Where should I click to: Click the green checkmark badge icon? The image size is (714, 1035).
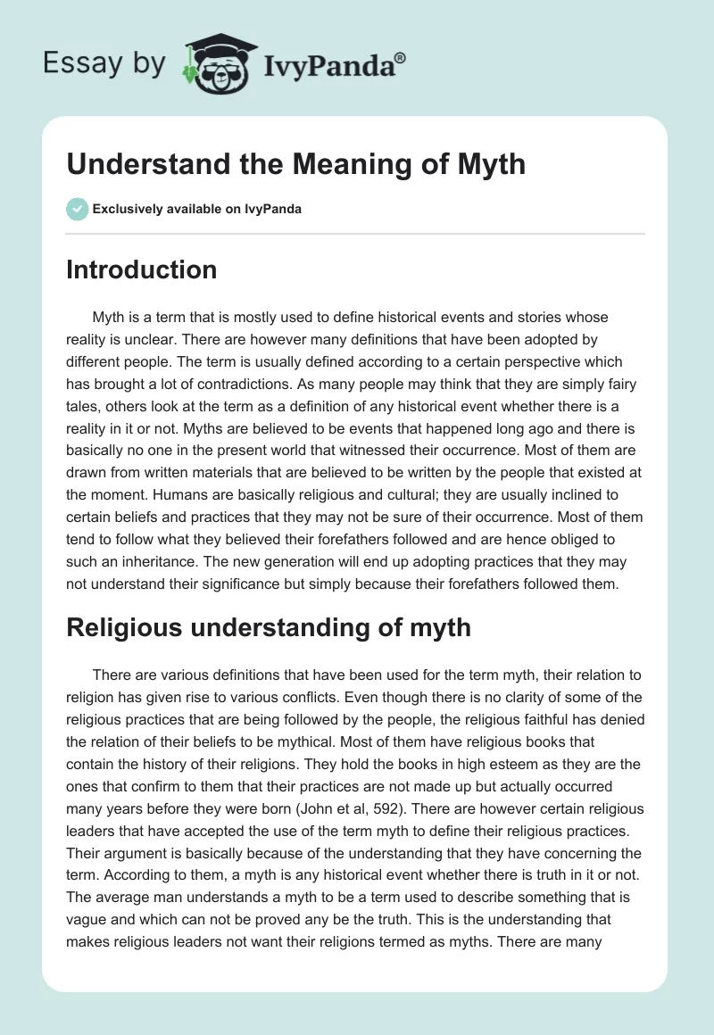77,209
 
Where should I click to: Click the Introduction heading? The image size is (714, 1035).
141,269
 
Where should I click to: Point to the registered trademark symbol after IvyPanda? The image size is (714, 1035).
402,57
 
